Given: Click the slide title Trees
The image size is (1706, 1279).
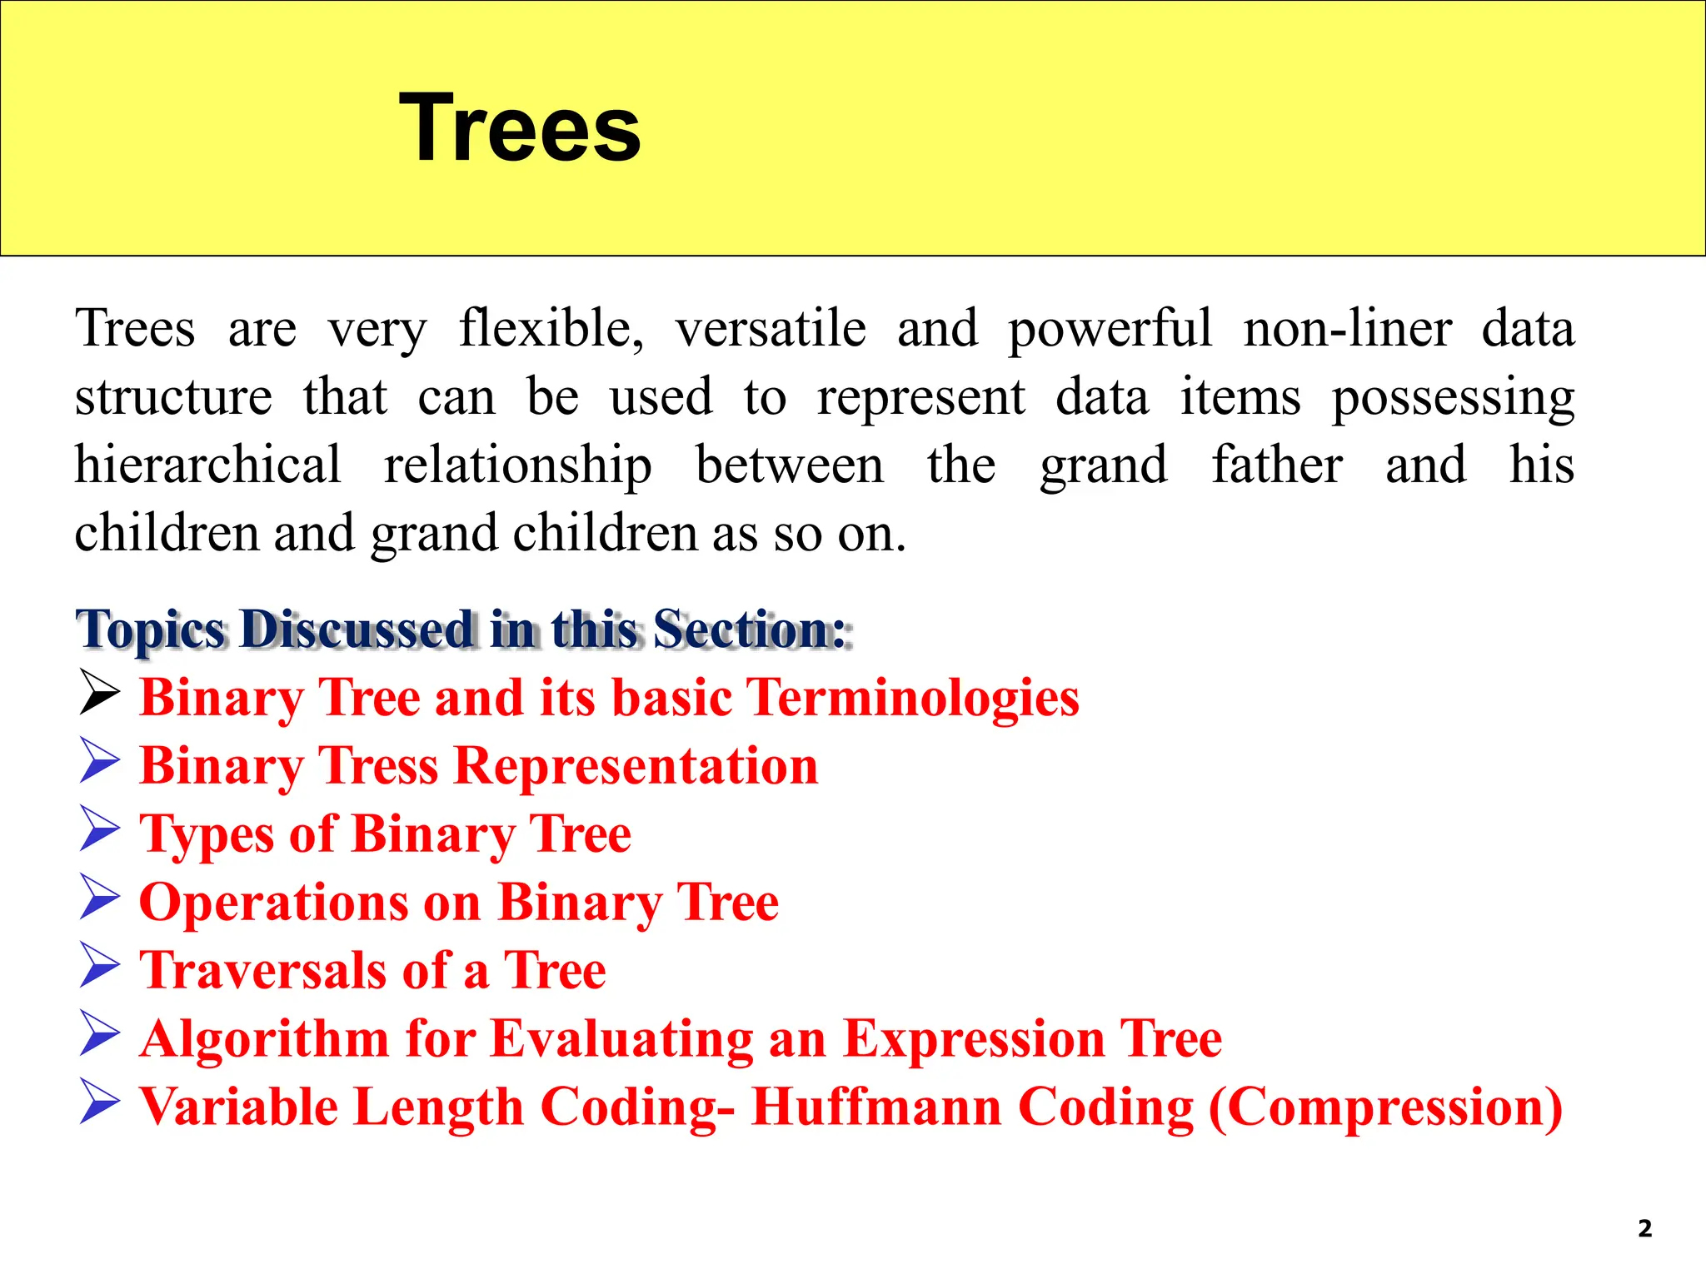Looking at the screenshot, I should (x=520, y=128).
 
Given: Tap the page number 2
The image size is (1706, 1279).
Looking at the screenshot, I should (x=1644, y=1228).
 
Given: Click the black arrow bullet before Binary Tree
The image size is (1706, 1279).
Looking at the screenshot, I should (x=100, y=693).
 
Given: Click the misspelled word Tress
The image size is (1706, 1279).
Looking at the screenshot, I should (x=379, y=766).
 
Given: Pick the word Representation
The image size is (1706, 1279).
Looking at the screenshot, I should (x=637, y=766).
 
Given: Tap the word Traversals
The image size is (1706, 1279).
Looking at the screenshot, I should (x=262, y=971).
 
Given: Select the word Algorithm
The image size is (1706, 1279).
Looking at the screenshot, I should (x=265, y=1039).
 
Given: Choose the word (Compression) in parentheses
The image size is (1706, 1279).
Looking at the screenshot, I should (x=1384, y=1107).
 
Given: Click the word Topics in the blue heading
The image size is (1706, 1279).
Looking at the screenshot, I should (x=151, y=630).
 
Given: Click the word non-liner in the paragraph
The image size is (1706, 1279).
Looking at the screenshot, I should (x=1348, y=328).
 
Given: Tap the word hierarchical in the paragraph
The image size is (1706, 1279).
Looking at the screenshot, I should (x=207, y=465).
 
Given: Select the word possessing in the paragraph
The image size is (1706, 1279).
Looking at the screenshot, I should (x=1453, y=397).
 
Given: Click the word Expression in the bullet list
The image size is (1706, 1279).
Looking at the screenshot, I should (x=974, y=1039).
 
